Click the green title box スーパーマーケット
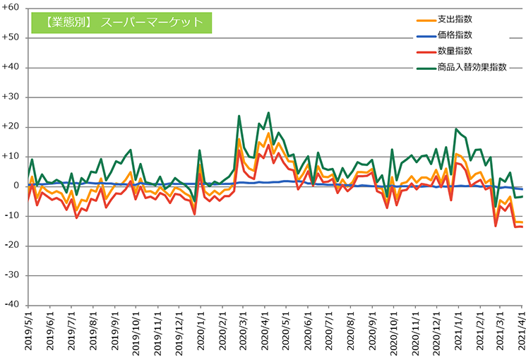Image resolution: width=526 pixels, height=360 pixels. pos(121,22)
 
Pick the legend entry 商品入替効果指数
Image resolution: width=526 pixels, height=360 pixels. pos(472,67)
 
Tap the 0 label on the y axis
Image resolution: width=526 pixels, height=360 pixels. pos(17,186)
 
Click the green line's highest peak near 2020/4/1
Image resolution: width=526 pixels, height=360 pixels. pos(268,112)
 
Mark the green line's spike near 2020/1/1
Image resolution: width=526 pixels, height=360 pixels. pos(200,150)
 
